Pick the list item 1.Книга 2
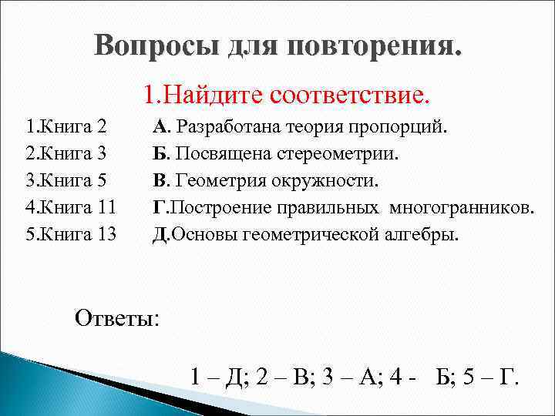click(x=66, y=126)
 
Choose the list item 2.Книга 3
click(x=66, y=153)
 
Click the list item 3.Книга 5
click(x=66, y=180)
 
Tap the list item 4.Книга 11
click(x=70, y=207)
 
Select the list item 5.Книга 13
click(x=70, y=234)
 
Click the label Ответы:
click(x=117, y=317)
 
